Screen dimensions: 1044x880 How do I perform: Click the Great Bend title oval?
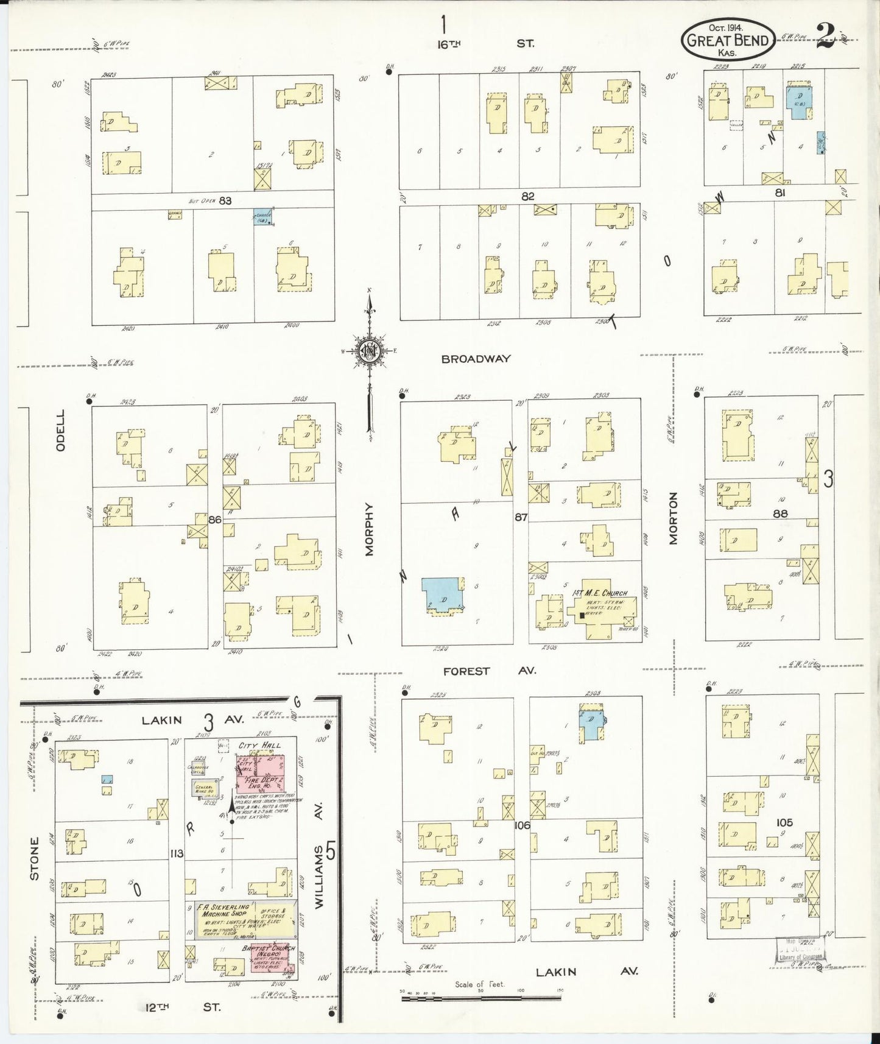(x=728, y=40)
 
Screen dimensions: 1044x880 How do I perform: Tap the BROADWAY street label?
(x=475, y=359)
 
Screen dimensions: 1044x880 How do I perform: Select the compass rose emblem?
(x=369, y=351)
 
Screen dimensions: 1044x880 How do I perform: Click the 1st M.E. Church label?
(x=599, y=593)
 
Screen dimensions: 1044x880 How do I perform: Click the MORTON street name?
(x=673, y=518)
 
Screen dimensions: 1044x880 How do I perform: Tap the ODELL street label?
(x=60, y=430)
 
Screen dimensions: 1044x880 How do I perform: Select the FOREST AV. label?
(x=489, y=671)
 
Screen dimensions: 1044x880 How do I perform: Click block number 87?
(x=520, y=517)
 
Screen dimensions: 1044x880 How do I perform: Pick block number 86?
(x=214, y=520)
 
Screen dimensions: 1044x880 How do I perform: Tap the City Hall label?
(x=260, y=745)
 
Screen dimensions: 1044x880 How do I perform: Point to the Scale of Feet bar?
(x=481, y=997)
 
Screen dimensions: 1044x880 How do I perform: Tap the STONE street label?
(x=35, y=859)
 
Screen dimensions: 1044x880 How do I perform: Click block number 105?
(x=784, y=822)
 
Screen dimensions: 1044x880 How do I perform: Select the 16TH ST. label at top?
(x=485, y=43)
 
